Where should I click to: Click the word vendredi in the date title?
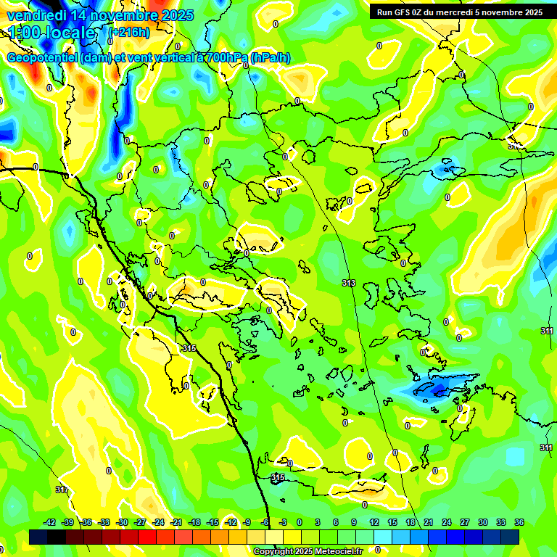(37, 15)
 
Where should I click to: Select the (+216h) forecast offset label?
(128, 33)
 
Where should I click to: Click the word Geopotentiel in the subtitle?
(41, 57)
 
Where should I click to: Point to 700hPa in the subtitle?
(222, 57)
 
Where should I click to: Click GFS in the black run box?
(403, 12)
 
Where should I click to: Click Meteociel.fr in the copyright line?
(336, 552)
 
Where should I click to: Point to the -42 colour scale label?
(50, 522)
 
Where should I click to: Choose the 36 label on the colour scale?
(519, 522)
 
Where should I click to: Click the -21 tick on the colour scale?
(176, 522)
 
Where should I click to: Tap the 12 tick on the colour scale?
(374, 522)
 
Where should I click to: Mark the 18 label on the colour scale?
(410, 522)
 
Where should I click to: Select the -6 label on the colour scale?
(266, 522)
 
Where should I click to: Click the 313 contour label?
(349, 283)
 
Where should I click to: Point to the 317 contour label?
(62, 490)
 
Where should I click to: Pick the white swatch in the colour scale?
(274, 537)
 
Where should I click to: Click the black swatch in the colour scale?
(39, 537)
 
